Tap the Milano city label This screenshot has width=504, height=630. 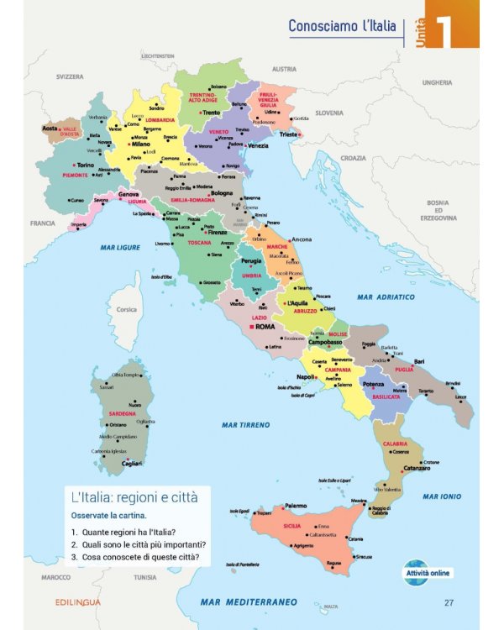pyautogui.click(x=139, y=144)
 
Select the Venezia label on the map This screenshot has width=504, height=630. pyautogui.click(x=257, y=145)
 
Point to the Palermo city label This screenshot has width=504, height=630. pyautogui.click(x=295, y=506)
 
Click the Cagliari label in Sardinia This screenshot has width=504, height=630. pyautogui.click(x=132, y=463)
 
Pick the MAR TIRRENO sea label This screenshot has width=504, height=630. pyautogui.click(x=245, y=425)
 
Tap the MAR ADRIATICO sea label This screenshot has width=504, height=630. pyautogui.click(x=386, y=297)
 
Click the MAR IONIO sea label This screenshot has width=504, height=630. pyautogui.click(x=442, y=496)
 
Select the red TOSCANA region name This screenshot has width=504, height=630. pyautogui.click(x=199, y=243)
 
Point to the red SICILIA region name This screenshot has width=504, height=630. pyautogui.click(x=291, y=526)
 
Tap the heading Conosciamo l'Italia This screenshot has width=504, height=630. pyautogui.click(x=342, y=26)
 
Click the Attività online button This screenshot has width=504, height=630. pyautogui.click(x=428, y=573)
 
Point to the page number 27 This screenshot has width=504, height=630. pyautogui.click(x=449, y=602)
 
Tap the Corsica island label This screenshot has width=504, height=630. pyautogui.click(x=126, y=309)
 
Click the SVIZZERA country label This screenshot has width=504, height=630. pyautogui.click(x=70, y=76)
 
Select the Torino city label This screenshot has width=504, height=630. pyautogui.click(x=85, y=165)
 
